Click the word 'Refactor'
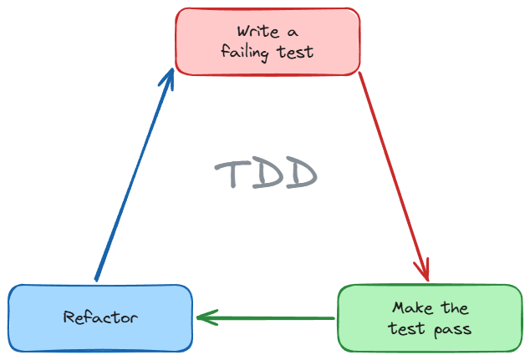pyautogui.click(x=100, y=317)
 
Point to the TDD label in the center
pyautogui.click(x=267, y=174)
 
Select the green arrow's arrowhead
pyautogui.click(x=204, y=317)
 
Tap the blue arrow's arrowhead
pyautogui.click(x=169, y=77)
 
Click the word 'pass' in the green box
pyautogui.click(x=452, y=329)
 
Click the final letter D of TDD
pyautogui.click(x=302, y=174)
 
